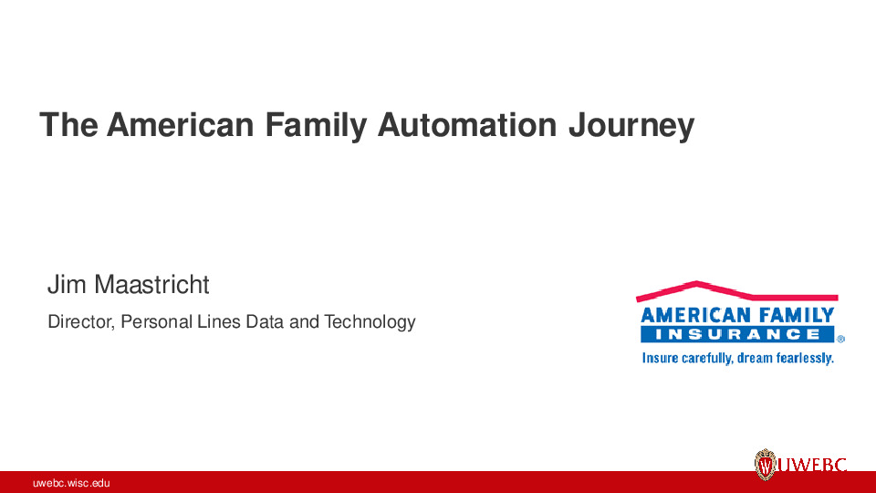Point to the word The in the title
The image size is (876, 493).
tap(68, 125)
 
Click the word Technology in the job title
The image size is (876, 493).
tap(370, 322)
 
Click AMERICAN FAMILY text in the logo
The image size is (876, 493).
tap(737, 316)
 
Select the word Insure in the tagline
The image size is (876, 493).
tap(660, 358)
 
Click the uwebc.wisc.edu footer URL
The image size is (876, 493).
tap(71, 483)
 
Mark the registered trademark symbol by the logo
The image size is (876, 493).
tap(840, 338)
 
